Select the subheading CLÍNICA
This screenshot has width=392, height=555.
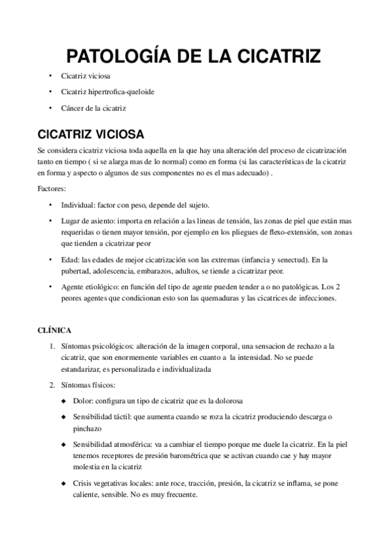55,331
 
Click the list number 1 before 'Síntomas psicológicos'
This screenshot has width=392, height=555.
52,346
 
